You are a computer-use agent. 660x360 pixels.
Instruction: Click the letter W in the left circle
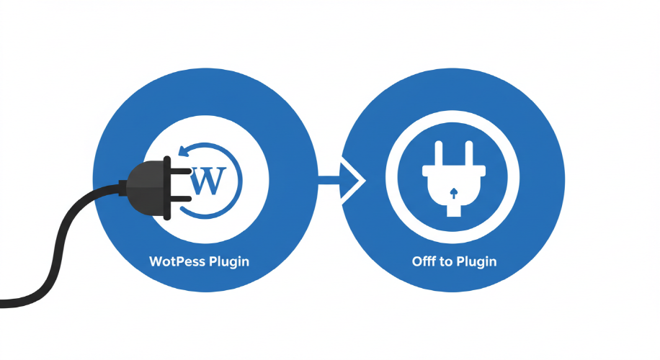click(209, 180)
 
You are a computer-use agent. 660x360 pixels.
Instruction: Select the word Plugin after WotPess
click(228, 261)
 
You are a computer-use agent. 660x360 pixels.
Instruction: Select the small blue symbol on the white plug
click(452, 192)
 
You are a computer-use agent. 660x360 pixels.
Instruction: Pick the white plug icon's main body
click(452, 184)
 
